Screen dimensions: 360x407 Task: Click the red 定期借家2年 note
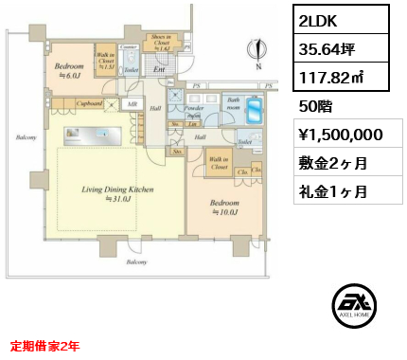click(x=44, y=345)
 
